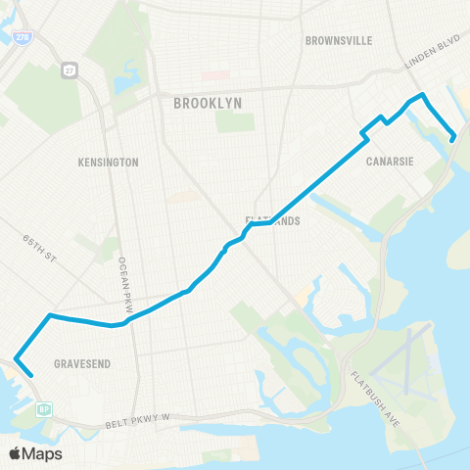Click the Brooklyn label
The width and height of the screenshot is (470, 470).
click(207, 102)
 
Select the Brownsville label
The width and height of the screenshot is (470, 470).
click(340, 41)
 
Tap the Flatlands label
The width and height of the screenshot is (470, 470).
click(272, 221)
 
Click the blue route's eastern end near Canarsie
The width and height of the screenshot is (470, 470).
click(453, 139)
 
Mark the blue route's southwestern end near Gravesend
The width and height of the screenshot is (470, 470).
click(31, 373)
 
